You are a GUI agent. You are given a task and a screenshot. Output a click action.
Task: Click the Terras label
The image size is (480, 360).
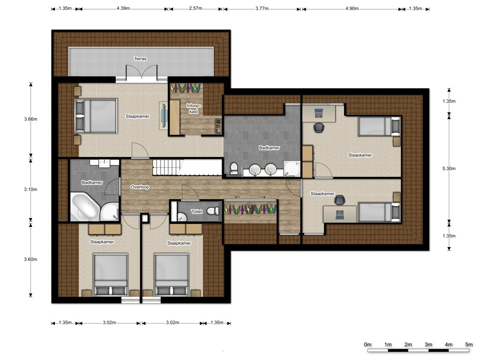pos(140,59)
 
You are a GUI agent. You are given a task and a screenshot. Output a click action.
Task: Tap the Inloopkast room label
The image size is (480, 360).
pos(194,108)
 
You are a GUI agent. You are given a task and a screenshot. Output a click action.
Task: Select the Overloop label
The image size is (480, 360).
pos(140,187)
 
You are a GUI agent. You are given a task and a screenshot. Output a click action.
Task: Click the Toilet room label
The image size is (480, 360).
pos(196,211)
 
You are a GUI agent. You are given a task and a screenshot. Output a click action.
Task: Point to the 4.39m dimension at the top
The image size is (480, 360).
pos(123,8)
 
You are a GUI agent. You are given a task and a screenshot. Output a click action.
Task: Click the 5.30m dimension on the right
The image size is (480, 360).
pos(449,168)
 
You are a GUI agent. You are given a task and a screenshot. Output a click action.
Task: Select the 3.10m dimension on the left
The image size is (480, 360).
pos(30,189)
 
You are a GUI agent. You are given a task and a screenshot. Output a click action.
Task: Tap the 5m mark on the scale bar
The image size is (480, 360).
pos(469,345)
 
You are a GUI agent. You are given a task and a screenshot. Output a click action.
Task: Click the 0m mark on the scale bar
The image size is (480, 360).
pos(367,345)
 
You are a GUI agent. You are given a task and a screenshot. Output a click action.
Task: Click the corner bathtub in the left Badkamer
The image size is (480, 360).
pos(84,206)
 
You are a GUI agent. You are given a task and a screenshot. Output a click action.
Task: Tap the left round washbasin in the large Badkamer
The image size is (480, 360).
pos(255,170)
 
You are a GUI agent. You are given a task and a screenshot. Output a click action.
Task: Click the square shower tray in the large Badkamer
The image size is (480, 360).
pos(292,169)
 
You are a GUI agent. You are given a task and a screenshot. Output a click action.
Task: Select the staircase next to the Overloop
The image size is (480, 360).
pos(187,167)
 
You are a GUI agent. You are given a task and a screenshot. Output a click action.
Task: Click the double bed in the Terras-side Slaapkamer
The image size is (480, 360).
pos(96,116)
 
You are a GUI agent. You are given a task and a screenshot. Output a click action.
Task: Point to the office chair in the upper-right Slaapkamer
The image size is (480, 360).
pos(318,127)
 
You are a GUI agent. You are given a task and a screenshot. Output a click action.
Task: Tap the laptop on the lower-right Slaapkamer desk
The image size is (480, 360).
pos(340,215)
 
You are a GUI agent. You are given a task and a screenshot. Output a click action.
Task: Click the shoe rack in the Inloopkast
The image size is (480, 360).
pos(218,126)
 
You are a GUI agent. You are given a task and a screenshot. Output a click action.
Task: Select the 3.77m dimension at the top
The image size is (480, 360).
pos(262,8)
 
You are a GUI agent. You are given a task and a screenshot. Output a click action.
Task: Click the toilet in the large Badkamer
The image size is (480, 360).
pos(234,168)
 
